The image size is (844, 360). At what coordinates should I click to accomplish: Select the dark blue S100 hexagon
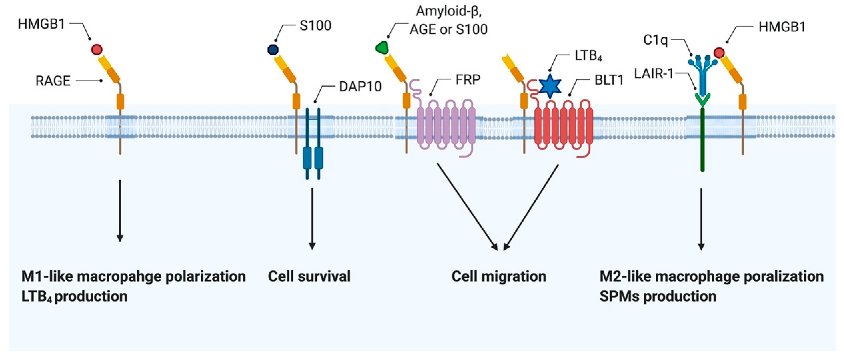(273, 50)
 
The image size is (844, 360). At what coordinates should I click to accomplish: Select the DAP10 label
(360, 87)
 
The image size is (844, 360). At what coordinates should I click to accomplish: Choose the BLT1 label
(609, 80)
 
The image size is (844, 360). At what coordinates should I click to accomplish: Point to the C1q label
(655, 40)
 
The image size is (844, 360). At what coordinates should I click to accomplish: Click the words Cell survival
(309, 276)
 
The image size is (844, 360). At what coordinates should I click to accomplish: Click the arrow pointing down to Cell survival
(312, 218)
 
